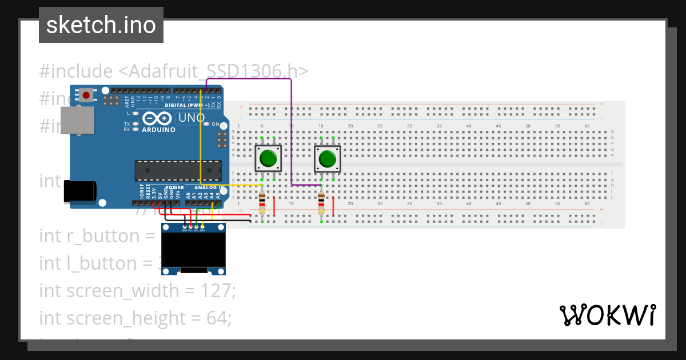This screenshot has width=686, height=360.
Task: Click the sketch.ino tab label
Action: [101, 25]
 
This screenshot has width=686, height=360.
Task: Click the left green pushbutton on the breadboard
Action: [268, 158]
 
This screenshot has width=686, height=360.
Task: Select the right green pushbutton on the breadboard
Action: [327, 158]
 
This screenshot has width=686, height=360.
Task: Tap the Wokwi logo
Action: [607, 315]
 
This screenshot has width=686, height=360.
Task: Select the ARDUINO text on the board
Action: [159, 130]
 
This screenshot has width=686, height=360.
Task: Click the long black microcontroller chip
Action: [178, 170]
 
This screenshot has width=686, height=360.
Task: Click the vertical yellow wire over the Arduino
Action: [200, 137]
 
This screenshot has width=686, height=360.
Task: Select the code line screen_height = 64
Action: [135, 318]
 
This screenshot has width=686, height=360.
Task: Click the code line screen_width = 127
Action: [137, 290]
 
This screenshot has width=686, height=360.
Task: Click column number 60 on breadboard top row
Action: [587, 126]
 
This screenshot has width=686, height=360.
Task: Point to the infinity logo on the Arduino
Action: [157, 118]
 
